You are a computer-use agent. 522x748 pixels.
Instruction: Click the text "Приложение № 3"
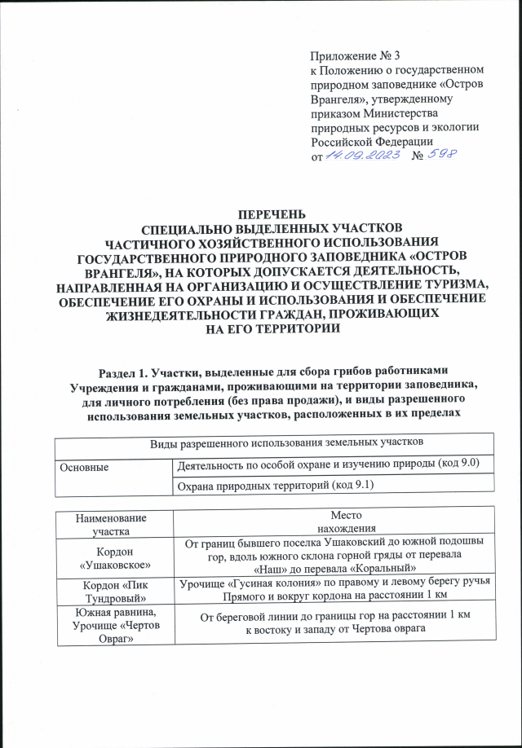tap(356, 56)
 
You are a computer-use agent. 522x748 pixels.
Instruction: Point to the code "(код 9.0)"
tap(453, 464)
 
